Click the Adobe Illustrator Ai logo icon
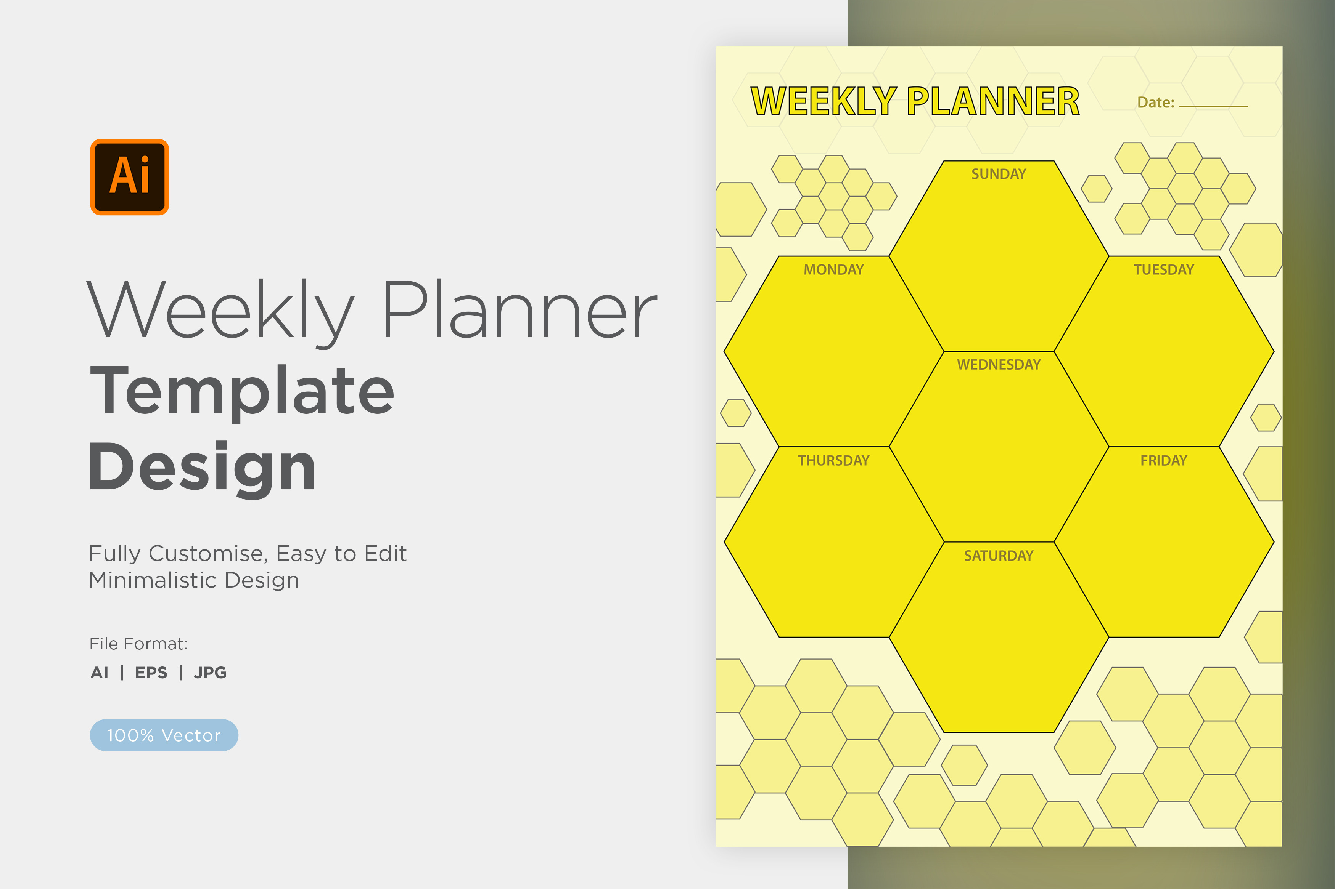129,177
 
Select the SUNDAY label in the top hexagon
999,174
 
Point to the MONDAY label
833,270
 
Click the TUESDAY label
1164,270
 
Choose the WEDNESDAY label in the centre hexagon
999,365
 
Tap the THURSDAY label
833,460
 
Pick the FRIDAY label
1164,460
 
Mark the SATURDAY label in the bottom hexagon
999,556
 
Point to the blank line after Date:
1214,106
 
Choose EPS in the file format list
151,673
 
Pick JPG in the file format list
210,673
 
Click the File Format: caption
138,644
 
